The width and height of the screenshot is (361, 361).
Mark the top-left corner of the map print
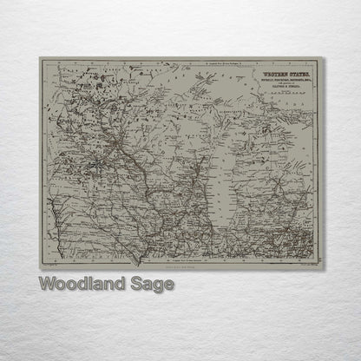click(x=39, y=58)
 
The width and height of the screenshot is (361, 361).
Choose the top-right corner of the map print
click(x=325, y=58)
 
